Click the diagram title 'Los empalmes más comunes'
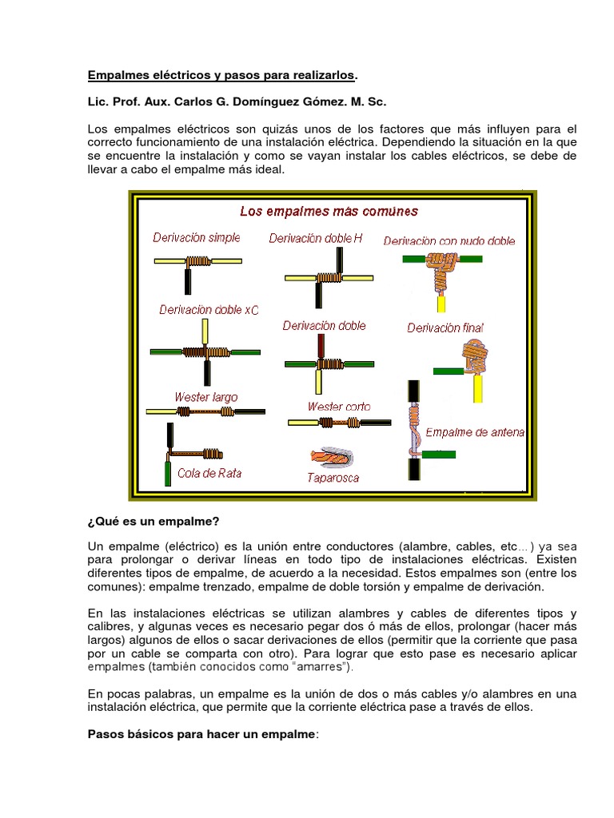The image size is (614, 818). pyautogui.click(x=329, y=212)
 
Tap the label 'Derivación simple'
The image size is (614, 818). pyautogui.click(x=197, y=238)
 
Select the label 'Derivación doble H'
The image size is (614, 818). pyautogui.click(x=315, y=238)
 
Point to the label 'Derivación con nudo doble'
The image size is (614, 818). pyautogui.click(x=449, y=240)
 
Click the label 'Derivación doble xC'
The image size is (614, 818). pyautogui.click(x=209, y=309)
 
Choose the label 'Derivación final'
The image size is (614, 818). pyautogui.click(x=445, y=328)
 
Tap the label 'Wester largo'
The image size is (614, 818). pyautogui.click(x=205, y=397)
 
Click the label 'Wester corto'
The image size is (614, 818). pyautogui.click(x=339, y=407)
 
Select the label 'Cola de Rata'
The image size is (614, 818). pyautogui.click(x=209, y=473)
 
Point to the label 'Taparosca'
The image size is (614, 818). pyautogui.click(x=333, y=478)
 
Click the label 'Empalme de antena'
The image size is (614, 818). pyautogui.click(x=475, y=433)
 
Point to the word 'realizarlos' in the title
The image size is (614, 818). pyautogui.click(x=320, y=75)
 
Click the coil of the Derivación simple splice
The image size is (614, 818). pyautogui.click(x=197, y=260)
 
